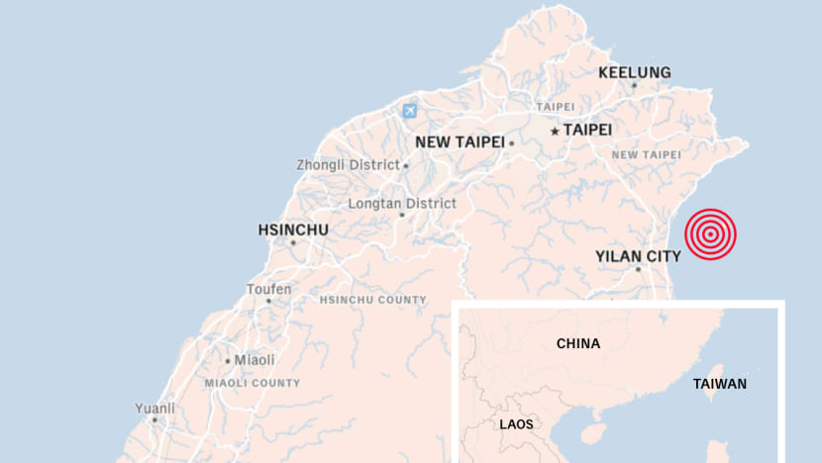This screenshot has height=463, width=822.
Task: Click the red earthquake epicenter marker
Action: [710, 234]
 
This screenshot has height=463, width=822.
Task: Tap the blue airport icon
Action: [410, 111]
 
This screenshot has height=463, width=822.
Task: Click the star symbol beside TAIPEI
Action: [555, 131]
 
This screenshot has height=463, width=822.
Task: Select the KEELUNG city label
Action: [635, 72]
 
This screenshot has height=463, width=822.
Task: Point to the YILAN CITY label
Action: [638, 256]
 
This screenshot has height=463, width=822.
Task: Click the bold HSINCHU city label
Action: [293, 230]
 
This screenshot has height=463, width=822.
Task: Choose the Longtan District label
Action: [402, 203]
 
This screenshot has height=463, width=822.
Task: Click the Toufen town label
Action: [269, 289]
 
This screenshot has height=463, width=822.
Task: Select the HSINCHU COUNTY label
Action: [373, 300]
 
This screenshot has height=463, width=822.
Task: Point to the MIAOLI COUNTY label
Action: [252, 383]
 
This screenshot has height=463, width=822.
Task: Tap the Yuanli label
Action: [155, 408]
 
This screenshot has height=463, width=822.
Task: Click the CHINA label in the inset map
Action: [578, 344]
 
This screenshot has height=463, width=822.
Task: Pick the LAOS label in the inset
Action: [516, 424]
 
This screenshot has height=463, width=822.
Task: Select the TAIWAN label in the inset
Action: [720, 384]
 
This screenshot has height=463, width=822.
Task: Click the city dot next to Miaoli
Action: [227, 361]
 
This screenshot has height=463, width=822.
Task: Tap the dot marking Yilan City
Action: [638, 269]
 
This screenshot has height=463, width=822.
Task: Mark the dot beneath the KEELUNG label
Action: [635, 85]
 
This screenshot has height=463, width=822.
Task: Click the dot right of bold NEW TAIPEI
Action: [511, 142]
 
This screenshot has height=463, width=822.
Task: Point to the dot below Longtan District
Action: [402, 215]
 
